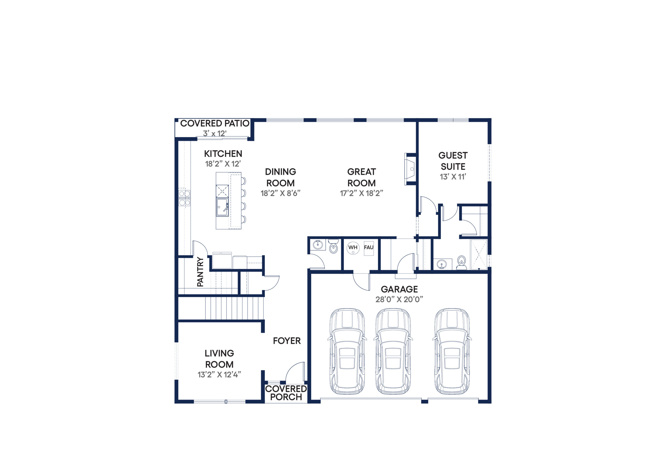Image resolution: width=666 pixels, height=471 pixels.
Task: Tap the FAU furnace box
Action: coord(369,249)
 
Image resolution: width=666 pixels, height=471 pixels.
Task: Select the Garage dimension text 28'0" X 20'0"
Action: coord(399,299)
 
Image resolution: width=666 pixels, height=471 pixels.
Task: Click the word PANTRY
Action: coord(200,272)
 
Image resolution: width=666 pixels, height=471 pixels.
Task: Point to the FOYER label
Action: coord(287,341)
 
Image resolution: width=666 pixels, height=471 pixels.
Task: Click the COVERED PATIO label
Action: coord(215,123)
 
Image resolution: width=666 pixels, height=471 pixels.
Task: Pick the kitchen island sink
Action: coord(222,207)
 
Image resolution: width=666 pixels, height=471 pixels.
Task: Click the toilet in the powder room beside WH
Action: coord(334,246)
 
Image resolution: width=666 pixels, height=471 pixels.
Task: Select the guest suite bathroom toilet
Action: coord(461,263)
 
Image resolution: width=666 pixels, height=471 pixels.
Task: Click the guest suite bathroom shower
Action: coord(479,254)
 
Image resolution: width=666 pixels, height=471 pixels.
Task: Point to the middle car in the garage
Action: coord(393,352)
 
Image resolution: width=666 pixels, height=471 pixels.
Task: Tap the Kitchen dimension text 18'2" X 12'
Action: coord(223,164)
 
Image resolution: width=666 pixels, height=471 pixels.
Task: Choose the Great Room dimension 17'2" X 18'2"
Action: coord(361,193)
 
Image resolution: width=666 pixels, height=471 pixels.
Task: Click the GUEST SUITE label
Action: coord(453,161)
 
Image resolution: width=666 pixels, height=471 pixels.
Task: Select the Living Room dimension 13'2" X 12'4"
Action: coord(219,375)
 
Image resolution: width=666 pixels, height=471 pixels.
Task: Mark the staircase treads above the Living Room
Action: coord(234,308)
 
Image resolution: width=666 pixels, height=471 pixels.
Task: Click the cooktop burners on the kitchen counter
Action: coord(184,198)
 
